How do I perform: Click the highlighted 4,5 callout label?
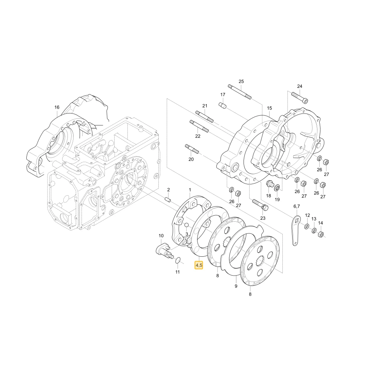coord(199,265)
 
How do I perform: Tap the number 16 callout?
coord(57,107)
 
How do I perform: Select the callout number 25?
coord(241,81)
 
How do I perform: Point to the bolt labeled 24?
coord(300,98)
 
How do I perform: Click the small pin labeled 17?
coord(223,106)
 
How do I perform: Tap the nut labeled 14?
coord(321,234)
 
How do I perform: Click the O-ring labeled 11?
coord(178,260)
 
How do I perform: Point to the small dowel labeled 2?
coord(168,199)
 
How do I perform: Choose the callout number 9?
coord(236,286)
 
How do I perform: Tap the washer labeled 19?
coord(277,187)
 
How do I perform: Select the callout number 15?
coord(269,108)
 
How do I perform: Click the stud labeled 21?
coord(204,116)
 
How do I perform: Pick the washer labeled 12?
coord(307,226)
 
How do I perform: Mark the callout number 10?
coord(161,236)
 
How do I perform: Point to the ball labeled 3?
coord(186,225)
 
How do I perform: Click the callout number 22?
coord(198,136)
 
